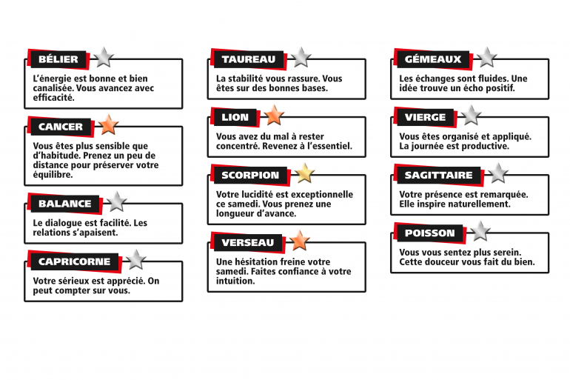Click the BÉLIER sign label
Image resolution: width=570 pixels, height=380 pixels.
click(58, 59)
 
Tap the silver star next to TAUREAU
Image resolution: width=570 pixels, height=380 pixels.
click(301, 58)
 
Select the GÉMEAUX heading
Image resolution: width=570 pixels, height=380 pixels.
click(432, 59)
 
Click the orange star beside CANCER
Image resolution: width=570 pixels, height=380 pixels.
click(108, 124)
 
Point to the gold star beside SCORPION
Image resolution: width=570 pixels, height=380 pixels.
click(305, 173)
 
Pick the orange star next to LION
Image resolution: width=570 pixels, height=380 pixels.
click(274, 116)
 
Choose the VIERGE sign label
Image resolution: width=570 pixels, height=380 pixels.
click(425, 117)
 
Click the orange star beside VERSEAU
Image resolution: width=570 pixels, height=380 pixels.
click(300, 241)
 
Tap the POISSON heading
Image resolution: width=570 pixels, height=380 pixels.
click(429, 233)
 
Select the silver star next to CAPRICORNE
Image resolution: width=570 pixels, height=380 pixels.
click(136, 260)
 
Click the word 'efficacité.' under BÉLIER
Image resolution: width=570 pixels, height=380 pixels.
click(54, 98)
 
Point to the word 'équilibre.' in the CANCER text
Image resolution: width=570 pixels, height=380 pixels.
click(53, 175)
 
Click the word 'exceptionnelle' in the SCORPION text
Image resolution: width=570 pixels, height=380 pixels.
click(323, 195)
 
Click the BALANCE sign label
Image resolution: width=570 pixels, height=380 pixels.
click(64, 203)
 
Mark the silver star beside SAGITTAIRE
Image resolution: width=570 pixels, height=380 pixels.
click(498, 173)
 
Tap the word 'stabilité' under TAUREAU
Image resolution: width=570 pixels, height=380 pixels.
click(245, 79)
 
